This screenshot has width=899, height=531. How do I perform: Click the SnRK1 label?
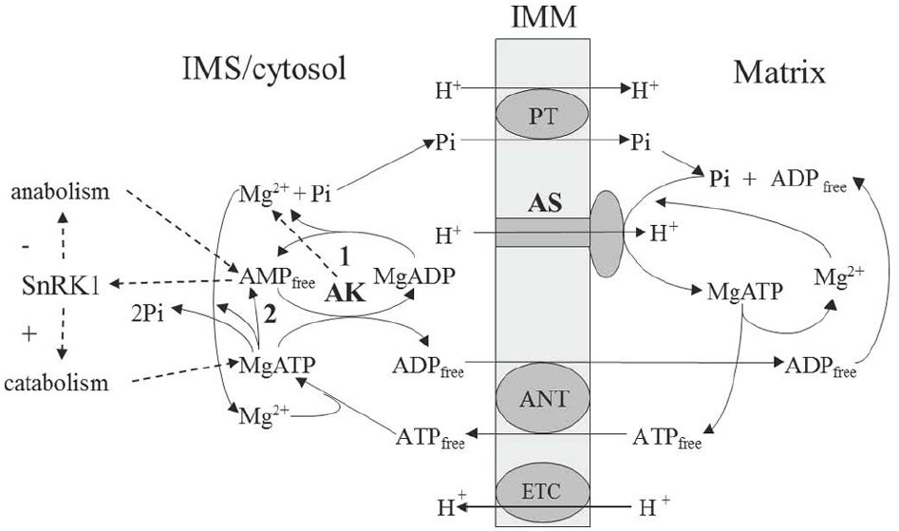tap(56, 283)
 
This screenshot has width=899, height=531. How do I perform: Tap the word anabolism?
tap(59, 192)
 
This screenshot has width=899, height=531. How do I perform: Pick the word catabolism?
tap(61, 383)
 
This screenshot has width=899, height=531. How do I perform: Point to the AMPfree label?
tap(272, 276)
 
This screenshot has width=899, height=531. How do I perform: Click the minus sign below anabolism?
tap(28, 246)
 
